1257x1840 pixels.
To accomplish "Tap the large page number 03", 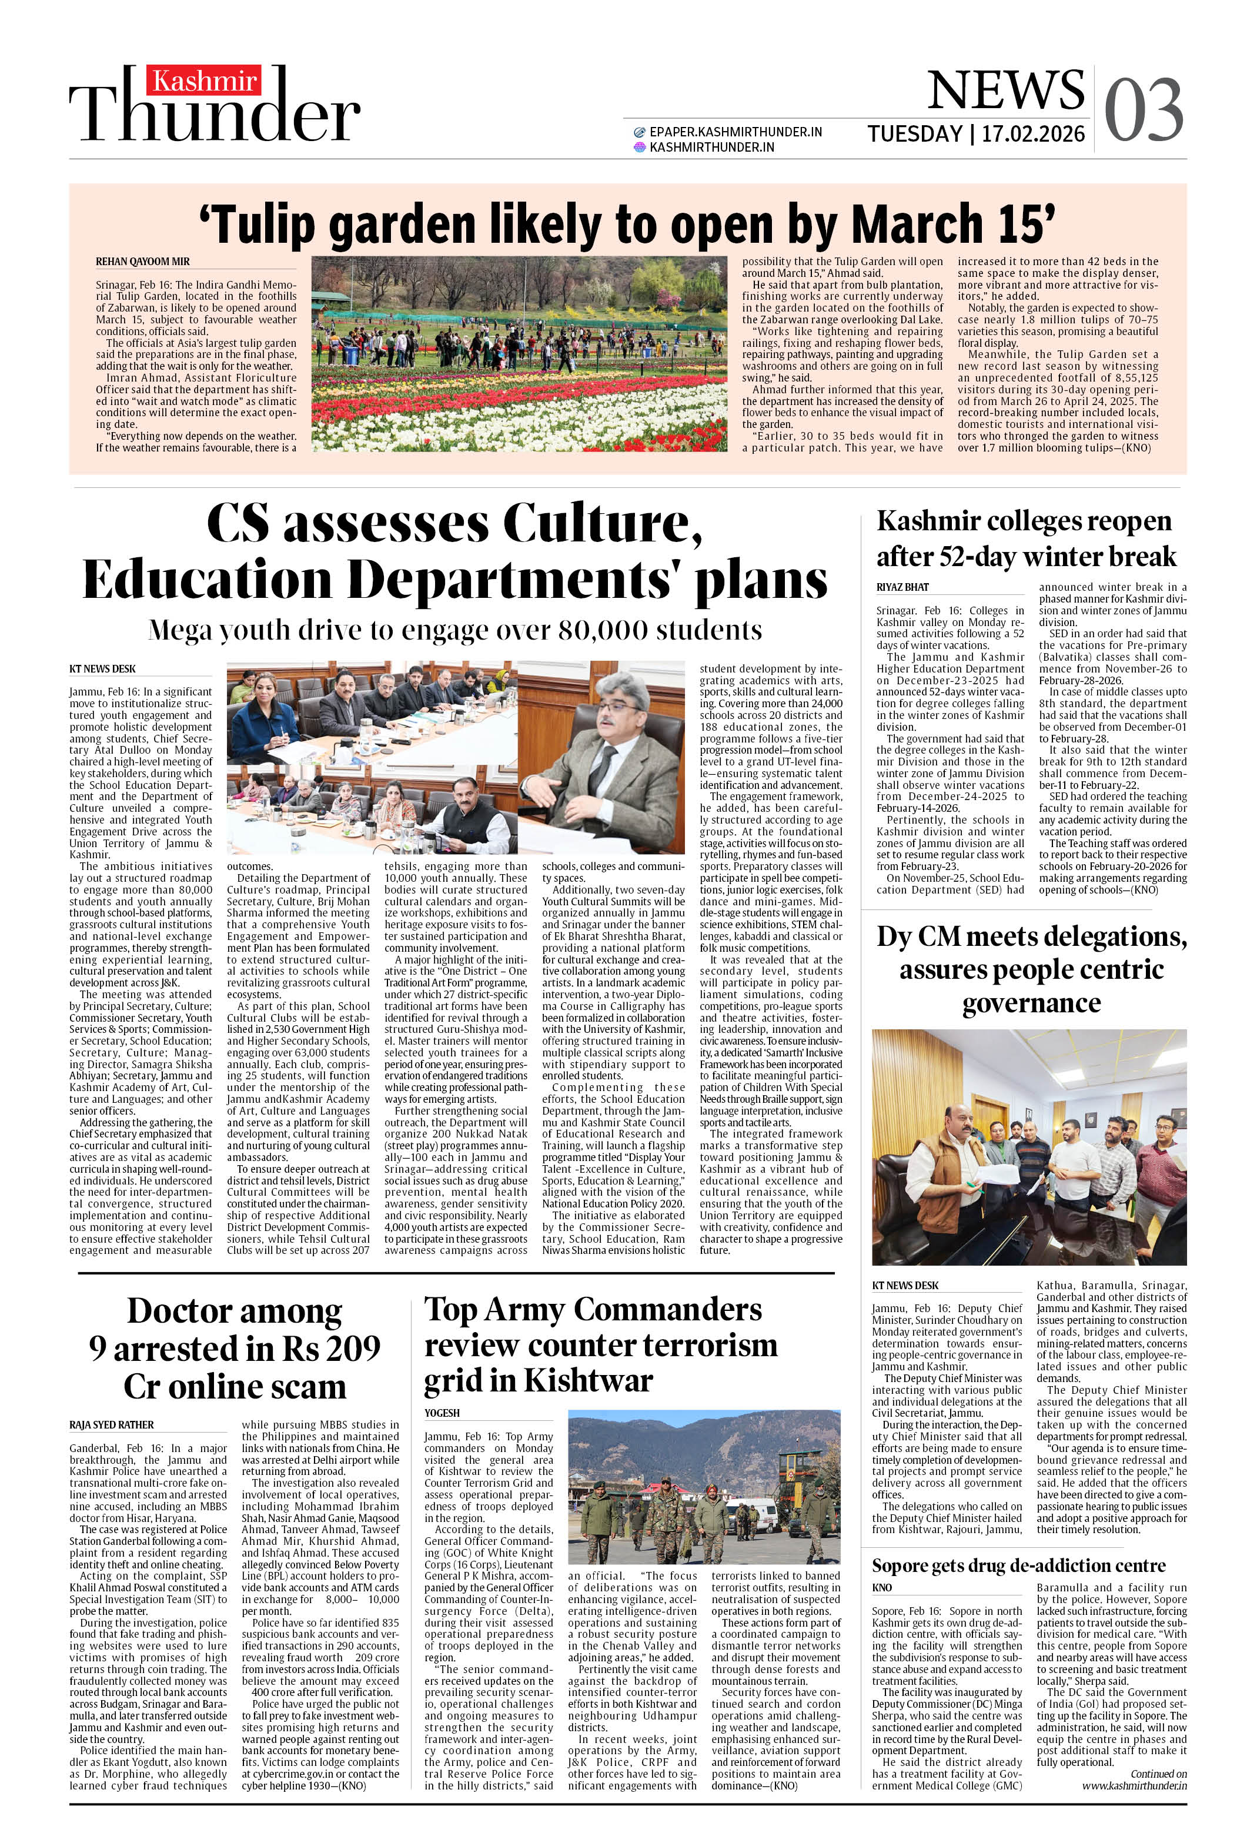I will pos(1143,110).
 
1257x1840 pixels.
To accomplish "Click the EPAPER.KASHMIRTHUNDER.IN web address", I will pos(735,132).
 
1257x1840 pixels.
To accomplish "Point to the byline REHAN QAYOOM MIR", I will pos(142,261).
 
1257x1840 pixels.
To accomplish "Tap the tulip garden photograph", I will pos(519,353).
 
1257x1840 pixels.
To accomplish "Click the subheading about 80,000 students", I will pos(456,630).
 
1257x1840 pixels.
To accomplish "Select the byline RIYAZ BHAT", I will pos(902,587).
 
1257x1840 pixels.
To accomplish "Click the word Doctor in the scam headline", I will pos(235,1310).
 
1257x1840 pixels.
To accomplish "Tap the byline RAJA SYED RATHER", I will pos(112,1425).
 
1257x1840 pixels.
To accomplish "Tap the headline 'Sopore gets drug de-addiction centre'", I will pos(1018,1565).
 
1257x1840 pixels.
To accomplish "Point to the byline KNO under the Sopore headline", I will pos(881,1587).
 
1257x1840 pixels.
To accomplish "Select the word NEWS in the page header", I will pos(1005,89).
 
